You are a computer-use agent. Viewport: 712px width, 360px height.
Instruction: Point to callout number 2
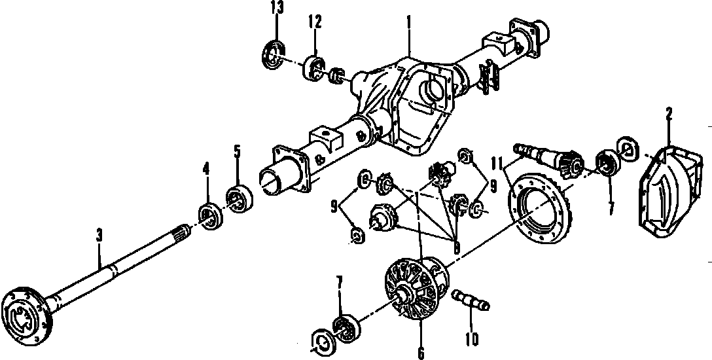tap(669, 115)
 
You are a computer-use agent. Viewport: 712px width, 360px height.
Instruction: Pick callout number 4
tap(205, 170)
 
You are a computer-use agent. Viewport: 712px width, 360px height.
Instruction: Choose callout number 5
tap(237, 152)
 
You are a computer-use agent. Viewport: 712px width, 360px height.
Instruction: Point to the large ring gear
tap(539, 206)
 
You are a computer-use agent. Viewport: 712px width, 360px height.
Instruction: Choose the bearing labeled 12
tap(314, 68)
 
